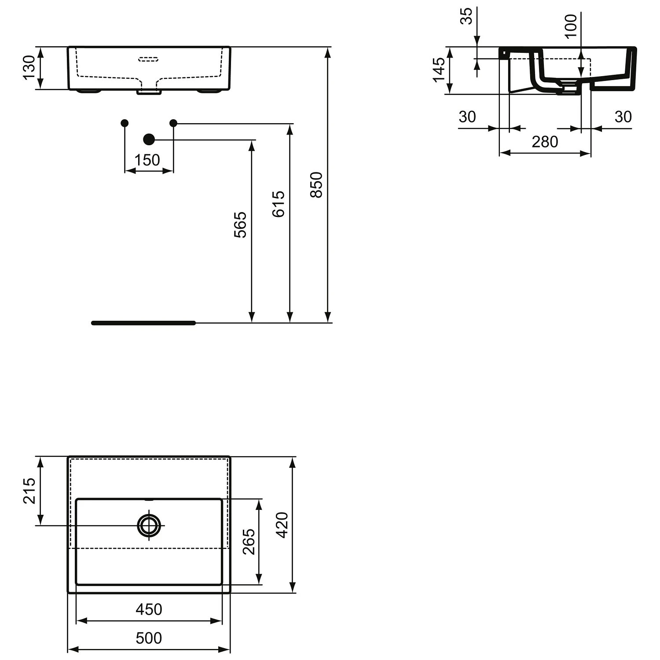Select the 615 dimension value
tap(278, 204)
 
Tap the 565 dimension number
tap(240, 225)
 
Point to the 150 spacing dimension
tap(147, 160)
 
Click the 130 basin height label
tap(29, 67)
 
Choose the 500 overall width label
tap(149, 638)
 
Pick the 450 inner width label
tap(149, 609)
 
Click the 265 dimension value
tap(249, 542)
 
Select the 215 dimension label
tap(29, 491)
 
